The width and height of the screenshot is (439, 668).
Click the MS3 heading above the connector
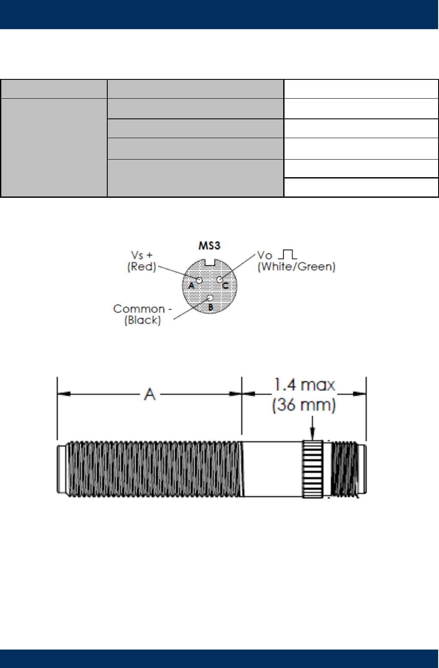click(x=209, y=245)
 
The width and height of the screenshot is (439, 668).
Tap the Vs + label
click(x=142, y=255)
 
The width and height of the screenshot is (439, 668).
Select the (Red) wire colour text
click(x=142, y=266)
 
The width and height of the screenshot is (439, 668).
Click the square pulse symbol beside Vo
click(x=288, y=254)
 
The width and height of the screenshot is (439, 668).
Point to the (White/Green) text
click(x=297, y=266)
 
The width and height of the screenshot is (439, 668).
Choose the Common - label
click(x=142, y=308)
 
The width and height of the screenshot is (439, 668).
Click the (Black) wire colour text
click(x=142, y=320)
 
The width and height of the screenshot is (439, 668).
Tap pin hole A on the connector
click(x=199, y=280)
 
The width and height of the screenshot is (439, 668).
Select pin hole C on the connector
click(x=220, y=280)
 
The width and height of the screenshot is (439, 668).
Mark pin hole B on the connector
click(x=210, y=298)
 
